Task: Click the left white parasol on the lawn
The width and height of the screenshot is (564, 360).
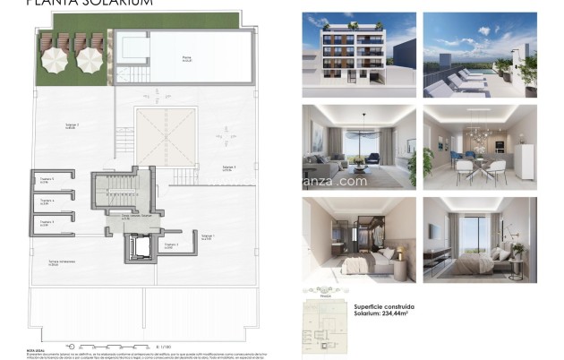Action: pyautogui.click(x=56, y=60)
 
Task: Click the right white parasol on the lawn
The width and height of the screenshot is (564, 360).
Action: pyautogui.click(x=88, y=60)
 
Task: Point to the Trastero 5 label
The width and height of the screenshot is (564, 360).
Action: pyautogui.click(x=47, y=180)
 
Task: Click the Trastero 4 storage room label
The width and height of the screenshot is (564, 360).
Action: pyautogui.click(x=47, y=201)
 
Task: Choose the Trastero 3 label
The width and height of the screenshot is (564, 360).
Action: pyautogui.click(x=47, y=222)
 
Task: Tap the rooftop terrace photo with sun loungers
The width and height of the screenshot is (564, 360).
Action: pyautogui.click(x=479, y=53)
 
